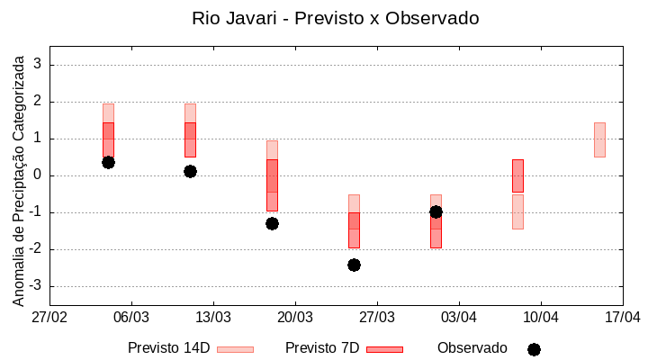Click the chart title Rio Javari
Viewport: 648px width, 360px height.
coord(335,18)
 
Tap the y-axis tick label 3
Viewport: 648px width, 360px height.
coord(39,65)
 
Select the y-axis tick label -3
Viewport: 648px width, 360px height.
coord(36,286)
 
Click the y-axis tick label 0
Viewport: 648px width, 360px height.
coord(39,175)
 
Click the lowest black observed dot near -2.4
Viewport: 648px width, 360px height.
coord(354,265)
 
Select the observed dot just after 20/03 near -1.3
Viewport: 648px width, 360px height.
coord(272,223)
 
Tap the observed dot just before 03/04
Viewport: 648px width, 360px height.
coord(436,211)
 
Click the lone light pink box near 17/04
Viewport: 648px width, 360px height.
coord(599,139)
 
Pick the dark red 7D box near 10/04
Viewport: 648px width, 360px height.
coord(517,175)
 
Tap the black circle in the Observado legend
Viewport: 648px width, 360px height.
coord(534,349)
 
